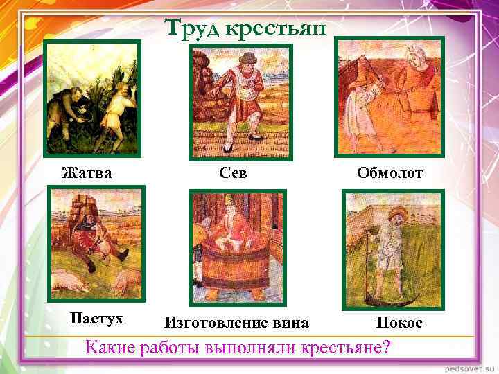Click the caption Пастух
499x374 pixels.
(97, 318)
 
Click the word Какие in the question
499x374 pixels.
(109, 346)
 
